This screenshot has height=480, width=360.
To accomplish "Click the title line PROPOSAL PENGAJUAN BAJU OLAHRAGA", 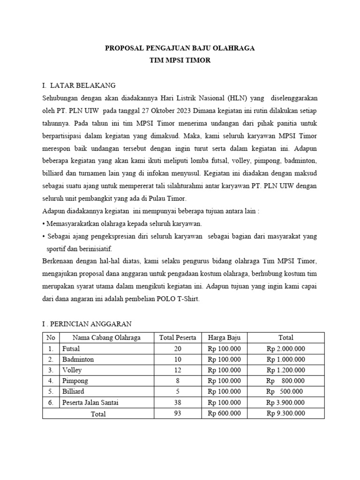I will point(180,48).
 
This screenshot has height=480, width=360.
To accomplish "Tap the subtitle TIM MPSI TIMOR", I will point(180,61).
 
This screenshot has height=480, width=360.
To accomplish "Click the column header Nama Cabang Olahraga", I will point(106,337).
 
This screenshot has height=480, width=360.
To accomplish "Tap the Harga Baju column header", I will point(224,337).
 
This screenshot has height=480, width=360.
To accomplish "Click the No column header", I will point(51,337).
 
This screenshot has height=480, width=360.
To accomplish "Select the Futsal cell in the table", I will point(71,348).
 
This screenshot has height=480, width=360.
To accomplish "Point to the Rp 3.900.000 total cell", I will point(286,403).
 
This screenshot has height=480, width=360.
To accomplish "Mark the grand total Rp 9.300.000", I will point(286,413).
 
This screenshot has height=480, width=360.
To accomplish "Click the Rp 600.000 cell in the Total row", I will point(224,413).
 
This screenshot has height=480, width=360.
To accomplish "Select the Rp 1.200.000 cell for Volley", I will point(286,370).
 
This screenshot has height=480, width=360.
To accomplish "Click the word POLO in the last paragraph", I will point(163,300).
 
